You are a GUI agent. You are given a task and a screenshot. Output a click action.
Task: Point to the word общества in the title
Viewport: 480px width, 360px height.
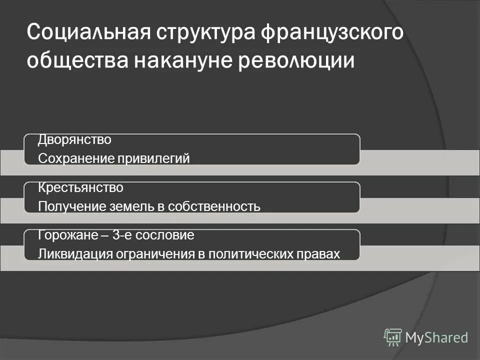(75, 61)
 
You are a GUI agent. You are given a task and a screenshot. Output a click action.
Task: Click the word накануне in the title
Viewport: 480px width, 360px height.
(190, 61)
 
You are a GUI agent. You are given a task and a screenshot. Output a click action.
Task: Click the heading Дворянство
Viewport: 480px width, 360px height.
(75, 140)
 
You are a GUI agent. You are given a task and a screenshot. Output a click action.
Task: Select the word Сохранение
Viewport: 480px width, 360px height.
(75, 158)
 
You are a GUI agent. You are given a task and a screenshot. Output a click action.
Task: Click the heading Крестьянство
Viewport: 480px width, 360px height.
(80, 188)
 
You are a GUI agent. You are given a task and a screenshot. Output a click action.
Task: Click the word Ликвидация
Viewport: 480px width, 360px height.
(75, 254)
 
